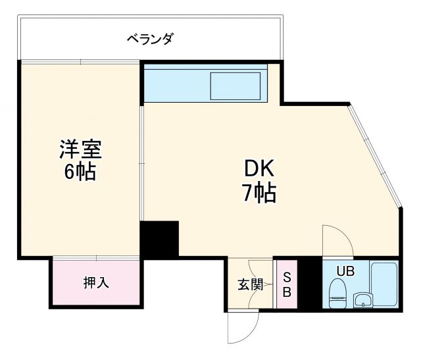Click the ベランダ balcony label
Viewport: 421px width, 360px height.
click(x=150, y=39)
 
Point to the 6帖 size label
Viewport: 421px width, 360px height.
click(x=81, y=173)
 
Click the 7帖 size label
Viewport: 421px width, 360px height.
click(x=260, y=193)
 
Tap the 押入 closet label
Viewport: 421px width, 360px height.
click(x=96, y=283)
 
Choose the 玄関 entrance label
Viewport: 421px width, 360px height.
click(x=250, y=285)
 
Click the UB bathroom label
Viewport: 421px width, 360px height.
click(x=345, y=270)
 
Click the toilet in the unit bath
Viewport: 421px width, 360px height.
click(x=337, y=291)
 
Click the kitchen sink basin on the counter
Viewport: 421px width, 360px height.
click(x=235, y=86)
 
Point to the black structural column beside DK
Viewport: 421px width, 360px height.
click(x=159, y=239)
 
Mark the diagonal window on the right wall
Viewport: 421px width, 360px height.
click(x=376, y=155)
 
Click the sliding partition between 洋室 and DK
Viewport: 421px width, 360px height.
click(x=141, y=158)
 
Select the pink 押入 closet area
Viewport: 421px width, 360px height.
click(x=96, y=283)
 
